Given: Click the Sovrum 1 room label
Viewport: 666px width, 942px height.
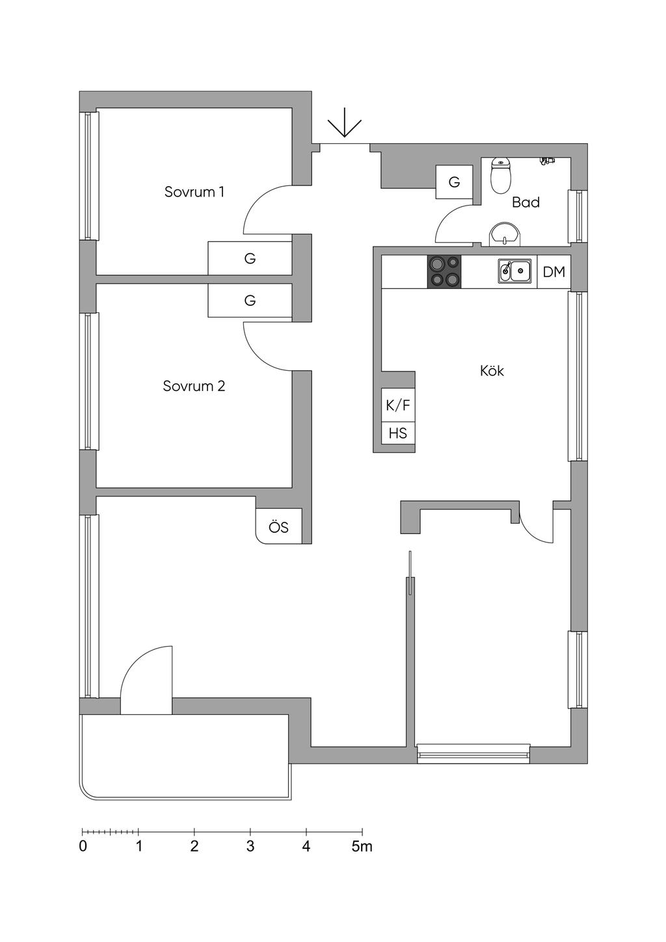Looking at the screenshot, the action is (x=194, y=192).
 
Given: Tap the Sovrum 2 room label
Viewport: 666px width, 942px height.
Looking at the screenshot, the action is (x=194, y=386).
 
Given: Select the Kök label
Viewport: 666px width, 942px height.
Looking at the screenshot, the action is (x=492, y=371).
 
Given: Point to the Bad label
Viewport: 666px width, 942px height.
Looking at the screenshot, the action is (x=526, y=202).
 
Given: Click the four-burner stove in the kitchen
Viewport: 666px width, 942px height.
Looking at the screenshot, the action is (x=444, y=272).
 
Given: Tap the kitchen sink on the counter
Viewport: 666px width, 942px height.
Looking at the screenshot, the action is (x=514, y=271).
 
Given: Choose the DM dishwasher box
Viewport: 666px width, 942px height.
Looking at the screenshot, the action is (x=554, y=272).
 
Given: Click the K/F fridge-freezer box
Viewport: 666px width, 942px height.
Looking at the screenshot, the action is (x=398, y=406).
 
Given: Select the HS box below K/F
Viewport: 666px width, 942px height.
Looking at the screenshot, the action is (x=398, y=433).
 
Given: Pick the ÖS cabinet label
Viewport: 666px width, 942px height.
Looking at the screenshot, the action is (x=279, y=526).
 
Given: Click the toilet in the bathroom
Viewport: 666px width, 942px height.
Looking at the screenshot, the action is (x=501, y=176).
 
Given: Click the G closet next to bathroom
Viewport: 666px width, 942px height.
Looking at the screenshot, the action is (x=454, y=182).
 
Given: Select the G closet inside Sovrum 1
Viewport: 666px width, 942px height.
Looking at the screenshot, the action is (x=250, y=258).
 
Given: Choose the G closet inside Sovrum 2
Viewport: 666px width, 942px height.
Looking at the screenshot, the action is (x=250, y=301).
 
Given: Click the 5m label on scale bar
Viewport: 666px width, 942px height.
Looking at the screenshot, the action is (x=362, y=846).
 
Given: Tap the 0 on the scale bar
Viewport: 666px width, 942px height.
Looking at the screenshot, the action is (x=83, y=846).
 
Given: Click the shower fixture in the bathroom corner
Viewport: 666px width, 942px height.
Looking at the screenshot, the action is (x=548, y=160).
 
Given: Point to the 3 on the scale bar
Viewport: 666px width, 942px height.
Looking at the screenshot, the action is (x=250, y=846).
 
